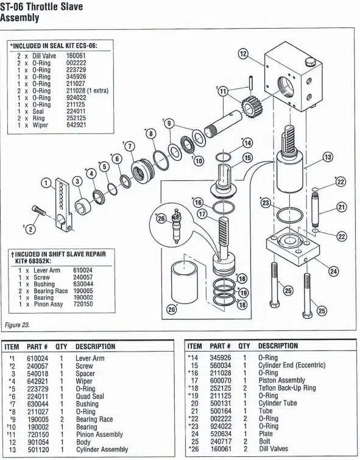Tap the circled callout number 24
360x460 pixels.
(x=334, y=271)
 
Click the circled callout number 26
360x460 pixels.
(x=161, y=218)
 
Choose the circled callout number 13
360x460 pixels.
(x=327, y=157)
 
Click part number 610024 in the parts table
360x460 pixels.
(x=38, y=357)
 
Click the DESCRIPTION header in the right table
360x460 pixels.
(x=278, y=346)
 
